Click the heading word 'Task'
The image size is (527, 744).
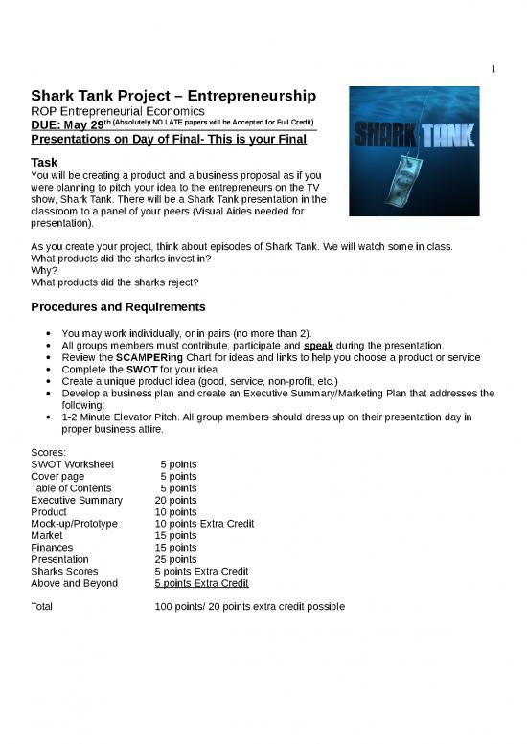point(45,164)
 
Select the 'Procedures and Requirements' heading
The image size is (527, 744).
point(117,307)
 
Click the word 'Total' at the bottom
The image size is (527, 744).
point(42,606)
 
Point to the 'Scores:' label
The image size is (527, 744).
point(49,453)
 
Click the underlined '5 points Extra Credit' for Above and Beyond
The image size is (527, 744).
point(201,582)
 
